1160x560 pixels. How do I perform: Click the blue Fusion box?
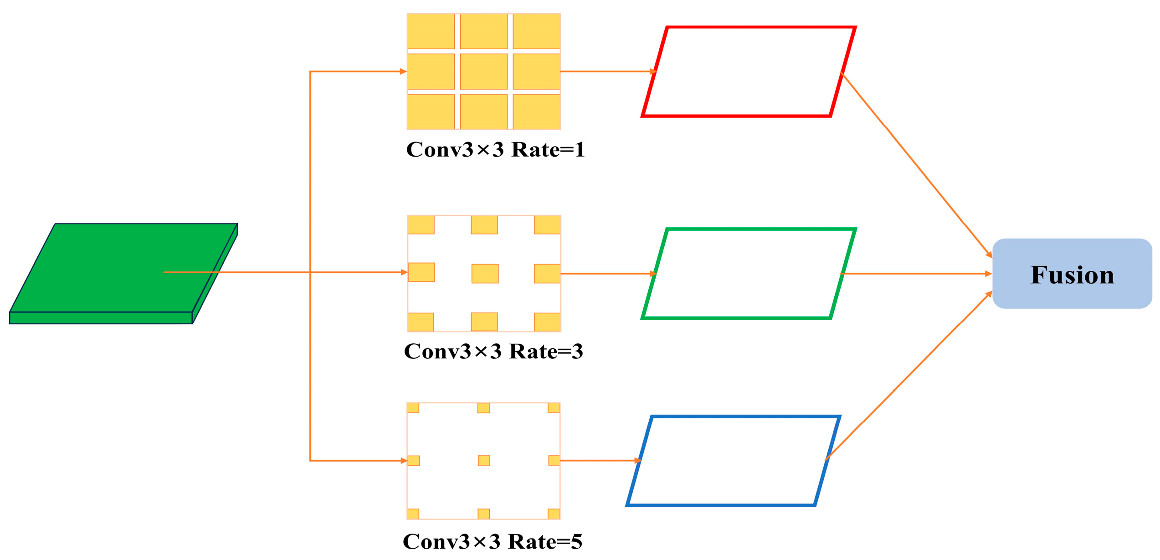click(x=1072, y=274)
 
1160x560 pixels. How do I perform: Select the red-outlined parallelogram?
click(x=748, y=72)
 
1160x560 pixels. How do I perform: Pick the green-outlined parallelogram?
click(x=748, y=274)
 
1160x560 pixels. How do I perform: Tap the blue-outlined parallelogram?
click(x=733, y=461)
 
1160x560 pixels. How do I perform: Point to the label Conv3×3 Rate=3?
click(x=493, y=351)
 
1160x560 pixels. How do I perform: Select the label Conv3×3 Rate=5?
click(x=493, y=542)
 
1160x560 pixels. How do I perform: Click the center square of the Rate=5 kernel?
click(x=484, y=461)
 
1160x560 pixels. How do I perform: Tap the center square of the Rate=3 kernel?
click(x=485, y=274)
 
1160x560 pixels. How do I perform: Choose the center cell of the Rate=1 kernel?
click(x=483, y=72)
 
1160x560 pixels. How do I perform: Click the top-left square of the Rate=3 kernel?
click(x=421, y=225)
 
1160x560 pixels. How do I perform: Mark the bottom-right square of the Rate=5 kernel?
click(x=554, y=514)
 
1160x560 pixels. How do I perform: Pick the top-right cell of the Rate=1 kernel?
click(x=536, y=31)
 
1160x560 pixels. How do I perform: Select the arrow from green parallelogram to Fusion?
click(x=916, y=274)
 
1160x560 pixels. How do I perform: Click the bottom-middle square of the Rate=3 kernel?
click(x=484, y=322)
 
